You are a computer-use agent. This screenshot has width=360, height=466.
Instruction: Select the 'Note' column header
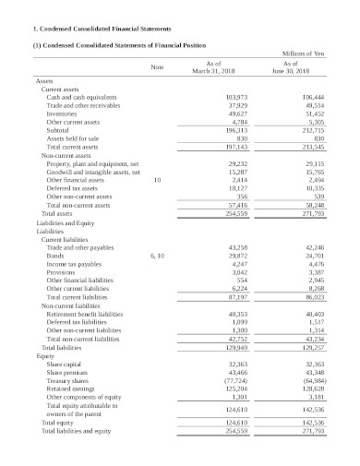click(x=157, y=66)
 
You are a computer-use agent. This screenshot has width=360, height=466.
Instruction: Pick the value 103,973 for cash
click(x=236, y=97)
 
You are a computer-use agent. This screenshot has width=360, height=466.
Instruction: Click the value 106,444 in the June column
click(x=313, y=97)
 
